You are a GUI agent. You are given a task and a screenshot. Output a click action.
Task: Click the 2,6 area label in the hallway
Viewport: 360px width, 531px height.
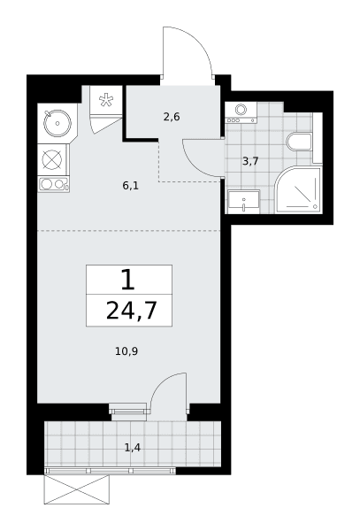(172, 117)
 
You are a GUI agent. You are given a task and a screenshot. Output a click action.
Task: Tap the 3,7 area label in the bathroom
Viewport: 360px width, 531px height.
(250, 161)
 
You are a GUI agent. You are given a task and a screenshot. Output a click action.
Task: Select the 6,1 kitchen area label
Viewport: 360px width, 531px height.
(131, 186)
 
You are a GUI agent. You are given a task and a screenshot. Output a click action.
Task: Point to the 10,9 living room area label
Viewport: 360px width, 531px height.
(126, 351)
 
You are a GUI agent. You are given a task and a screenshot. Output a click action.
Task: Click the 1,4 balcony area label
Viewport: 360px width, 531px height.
(133, 448)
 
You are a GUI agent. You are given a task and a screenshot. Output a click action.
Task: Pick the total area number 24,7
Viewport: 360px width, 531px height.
(131, 311)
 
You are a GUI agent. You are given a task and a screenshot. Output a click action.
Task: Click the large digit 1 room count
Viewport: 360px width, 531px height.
(128, 280)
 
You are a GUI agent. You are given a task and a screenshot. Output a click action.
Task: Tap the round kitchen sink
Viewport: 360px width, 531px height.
(57, 123)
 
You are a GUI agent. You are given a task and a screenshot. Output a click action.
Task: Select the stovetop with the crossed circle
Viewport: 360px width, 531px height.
(52, 160)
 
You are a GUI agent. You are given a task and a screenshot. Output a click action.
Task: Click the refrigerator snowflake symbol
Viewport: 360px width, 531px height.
(106, 100)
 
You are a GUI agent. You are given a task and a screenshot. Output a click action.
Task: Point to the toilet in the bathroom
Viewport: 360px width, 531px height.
(299, 142)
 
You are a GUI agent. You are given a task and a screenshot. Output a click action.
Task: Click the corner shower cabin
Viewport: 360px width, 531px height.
(298, 189)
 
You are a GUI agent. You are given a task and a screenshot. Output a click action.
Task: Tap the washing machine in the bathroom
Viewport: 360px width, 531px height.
(241, 112)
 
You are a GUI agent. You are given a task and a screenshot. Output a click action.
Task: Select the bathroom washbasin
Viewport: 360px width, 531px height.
(243, 202)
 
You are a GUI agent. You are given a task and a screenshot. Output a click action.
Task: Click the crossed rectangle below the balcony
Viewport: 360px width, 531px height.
(77, 489)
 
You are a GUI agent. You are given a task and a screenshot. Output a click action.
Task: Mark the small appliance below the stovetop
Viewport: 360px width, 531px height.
(53, 184)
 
